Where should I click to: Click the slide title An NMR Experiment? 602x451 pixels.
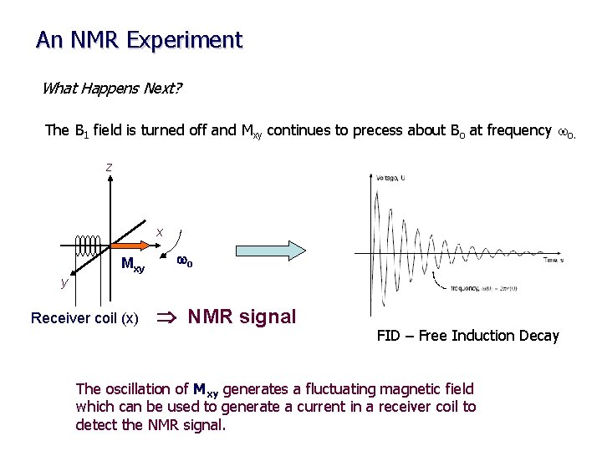click(139, 40)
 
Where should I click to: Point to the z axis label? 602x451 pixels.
click(109, 167)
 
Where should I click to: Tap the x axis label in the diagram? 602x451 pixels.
click(160, 231)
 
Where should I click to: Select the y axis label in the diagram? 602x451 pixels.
click(64, 282)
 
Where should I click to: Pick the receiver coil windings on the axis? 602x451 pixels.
click(89, 246)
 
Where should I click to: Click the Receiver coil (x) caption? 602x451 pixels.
click(84, 318)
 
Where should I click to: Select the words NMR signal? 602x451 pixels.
click(242, 317)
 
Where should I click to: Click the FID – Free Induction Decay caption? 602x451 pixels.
click(467, 336)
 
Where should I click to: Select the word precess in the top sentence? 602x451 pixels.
click(362, 130)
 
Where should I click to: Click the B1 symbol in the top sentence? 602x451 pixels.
click(81, 131)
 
